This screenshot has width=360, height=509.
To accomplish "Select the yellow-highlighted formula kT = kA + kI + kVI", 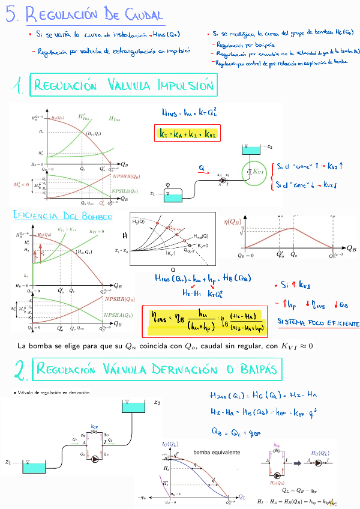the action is pyautogui.click(x=188, y=134).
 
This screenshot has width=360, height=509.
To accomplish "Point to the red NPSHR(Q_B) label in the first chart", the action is pyautogui.click(x=126, y=176).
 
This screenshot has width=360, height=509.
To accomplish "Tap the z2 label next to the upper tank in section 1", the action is pyautogui.click(x=270, y=146).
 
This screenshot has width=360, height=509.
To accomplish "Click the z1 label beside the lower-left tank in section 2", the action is pyautogui.click(x=8, y=462).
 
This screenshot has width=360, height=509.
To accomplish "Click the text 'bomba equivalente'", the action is pyautogui.click(x=217, y=451).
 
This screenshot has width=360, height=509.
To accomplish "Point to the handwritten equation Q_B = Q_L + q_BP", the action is pyautogui.click(x=236, y=430).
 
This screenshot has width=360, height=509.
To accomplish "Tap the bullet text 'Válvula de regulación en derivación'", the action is pyautogui.click(x=52, y=393).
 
